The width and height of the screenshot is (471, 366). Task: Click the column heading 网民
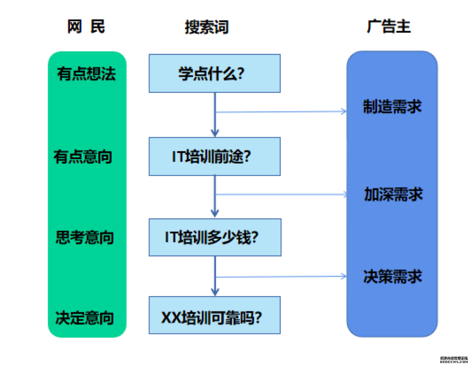pos(86,26)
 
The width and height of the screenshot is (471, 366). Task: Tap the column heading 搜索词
pos(206,27)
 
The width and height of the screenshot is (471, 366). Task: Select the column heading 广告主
pos(389,26)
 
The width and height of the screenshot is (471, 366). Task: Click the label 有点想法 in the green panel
pos(86,74)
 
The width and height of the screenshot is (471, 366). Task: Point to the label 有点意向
pos(83,156)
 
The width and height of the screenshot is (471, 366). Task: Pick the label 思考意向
pos(85,237)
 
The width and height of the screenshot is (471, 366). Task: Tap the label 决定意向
pos(84,318)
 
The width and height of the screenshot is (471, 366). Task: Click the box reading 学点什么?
pos(215,73)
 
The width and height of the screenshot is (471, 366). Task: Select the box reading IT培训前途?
pos(215,156)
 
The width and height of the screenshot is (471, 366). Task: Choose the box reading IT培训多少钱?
pos(215,237)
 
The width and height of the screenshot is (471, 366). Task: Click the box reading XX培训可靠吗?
pos(215,315)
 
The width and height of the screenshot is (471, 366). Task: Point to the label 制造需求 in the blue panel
pos(392,106)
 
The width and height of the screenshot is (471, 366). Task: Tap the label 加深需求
pos(393,194)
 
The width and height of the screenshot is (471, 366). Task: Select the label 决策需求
pos(393,276)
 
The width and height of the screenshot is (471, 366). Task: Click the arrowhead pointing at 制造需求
pos(344,111)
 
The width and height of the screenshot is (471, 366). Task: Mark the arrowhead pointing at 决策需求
pos(344,276)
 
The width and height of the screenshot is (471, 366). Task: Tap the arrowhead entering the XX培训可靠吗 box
pos(215,292)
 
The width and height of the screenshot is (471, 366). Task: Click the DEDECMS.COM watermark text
pos(454,362)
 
